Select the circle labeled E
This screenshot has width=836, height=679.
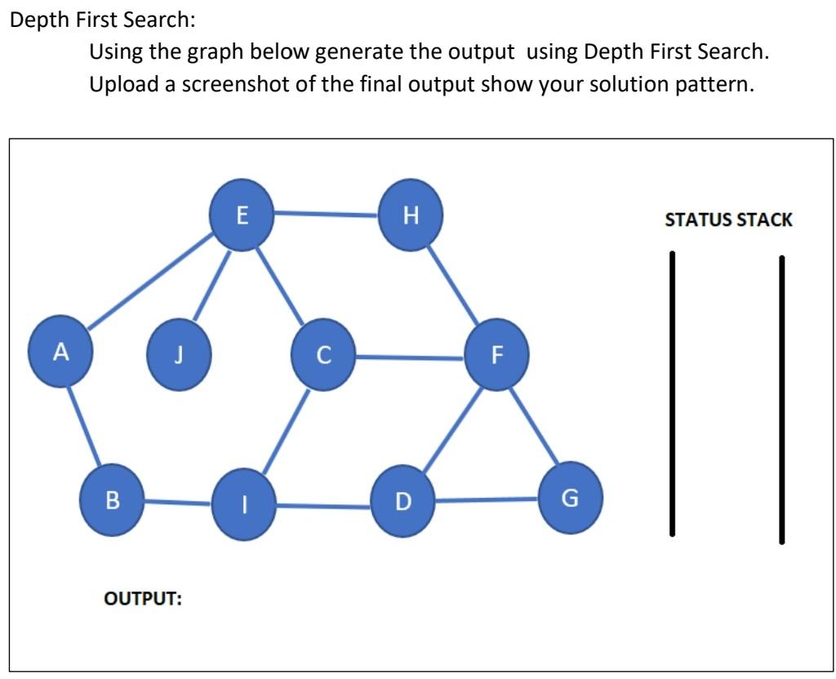click(242, 215)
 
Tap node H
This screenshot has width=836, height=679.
click(411, 215)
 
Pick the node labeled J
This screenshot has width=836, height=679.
click(180, 355)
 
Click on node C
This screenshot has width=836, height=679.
click(324, 355)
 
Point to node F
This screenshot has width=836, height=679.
click(496, 355)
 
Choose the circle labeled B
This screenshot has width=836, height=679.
click(113, 499)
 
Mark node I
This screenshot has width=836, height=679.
click(242, 502)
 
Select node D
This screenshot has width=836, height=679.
click(402, 500)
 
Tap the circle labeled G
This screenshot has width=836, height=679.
click(571, 497)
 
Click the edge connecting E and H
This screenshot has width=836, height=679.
click(327, 214)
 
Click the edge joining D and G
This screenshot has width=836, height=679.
click(487, 499)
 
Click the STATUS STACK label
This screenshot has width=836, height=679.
click(728, 220)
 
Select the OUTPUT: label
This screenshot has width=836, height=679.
click(144, 598)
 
